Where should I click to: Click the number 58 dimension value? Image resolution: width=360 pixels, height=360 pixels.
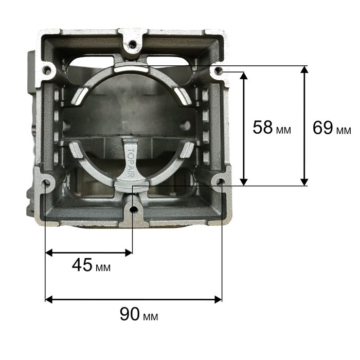click(x=262, y=128)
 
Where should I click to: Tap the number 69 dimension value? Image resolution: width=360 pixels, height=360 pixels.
click(x=322, y=128)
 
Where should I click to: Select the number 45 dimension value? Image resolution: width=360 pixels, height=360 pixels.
click(x=82, y=265)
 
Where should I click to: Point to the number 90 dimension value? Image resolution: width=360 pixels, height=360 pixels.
click(x=130, y=314)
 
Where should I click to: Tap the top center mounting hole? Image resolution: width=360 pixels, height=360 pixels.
click(x=133, y=44)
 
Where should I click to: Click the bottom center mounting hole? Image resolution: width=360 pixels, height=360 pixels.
click(x=133, y=209)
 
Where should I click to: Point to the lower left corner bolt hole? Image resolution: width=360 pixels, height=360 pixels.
click(x=47, y=182)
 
